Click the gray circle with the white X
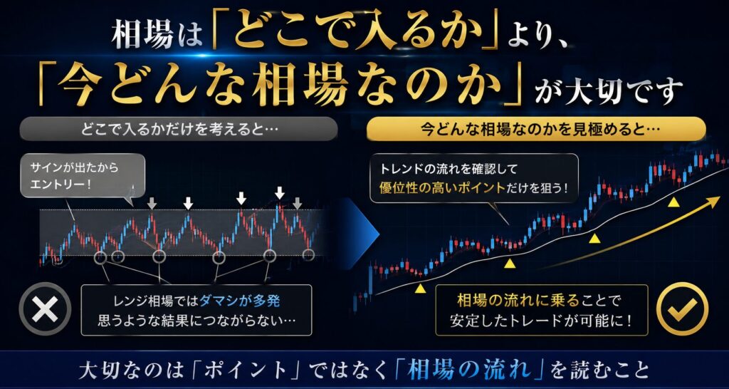pyautogui.click(x=45, y=309)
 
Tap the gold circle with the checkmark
pyautogui.click(x=682, y=308)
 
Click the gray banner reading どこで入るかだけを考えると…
pyautogui.click(x=179, y=129)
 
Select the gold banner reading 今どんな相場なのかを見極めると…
pyautogui.click(x=536, y=129)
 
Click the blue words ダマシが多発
pyautogui.click(x=239, y=301)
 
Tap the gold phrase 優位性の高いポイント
pyautogui.click(x=441, y=188)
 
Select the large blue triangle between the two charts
pyautogui.click(x=360, y=232)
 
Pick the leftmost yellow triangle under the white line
pyautogui.click(x=420, y=289)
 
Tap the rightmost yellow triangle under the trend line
pyautogui.click(x=673, y=202)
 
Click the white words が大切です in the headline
pyautogui.click(x=608, y=89)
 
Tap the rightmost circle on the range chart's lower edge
pyautogui.click(x=308, y=254)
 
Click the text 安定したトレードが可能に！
pyautogui.click(x=542, y=321)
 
